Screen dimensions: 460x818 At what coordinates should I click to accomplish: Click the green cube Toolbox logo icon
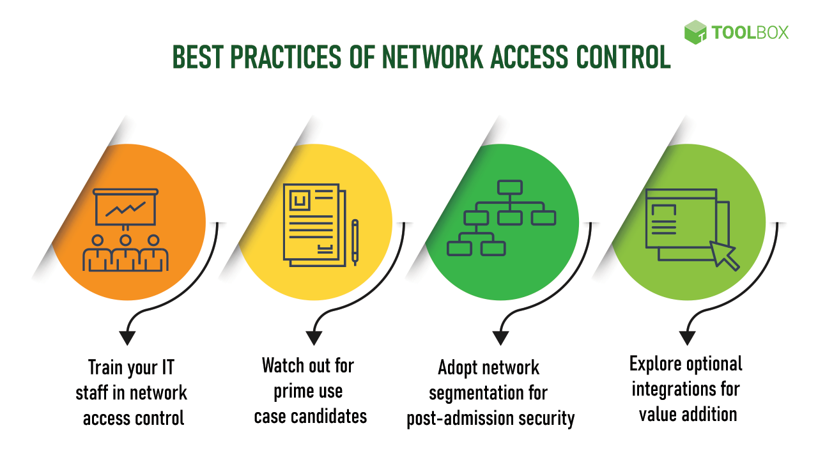(x=695, y=32)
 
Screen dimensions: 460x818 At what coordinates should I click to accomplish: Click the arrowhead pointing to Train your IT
(x=128, y=337)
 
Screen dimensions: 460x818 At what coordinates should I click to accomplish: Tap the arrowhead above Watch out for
(x=314, y=337)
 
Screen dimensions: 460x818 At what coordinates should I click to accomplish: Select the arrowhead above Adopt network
(x=500, y=337)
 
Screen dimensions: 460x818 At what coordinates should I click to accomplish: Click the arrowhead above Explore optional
(x=687, y=337)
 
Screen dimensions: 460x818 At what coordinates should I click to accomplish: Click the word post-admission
(x=455, y=418)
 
